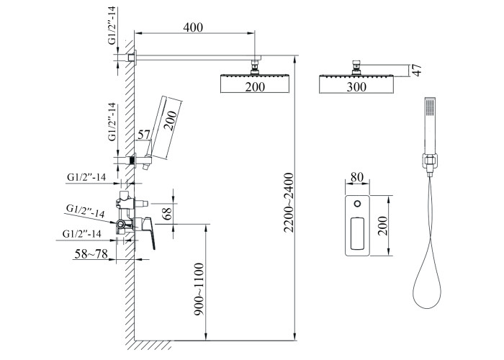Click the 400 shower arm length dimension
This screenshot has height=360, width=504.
click(193, 27)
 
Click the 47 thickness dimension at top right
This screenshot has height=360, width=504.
click(415, 71)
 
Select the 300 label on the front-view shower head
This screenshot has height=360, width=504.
click(356, 87)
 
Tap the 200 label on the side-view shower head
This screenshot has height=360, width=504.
click(254, 87)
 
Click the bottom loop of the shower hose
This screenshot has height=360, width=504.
click(425, 299)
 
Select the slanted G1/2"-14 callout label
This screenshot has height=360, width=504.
click(85, 211)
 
